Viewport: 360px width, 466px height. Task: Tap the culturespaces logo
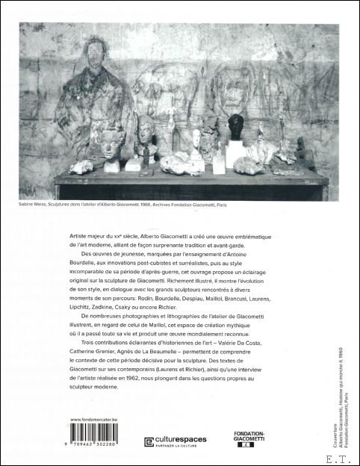tap(181, 442)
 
